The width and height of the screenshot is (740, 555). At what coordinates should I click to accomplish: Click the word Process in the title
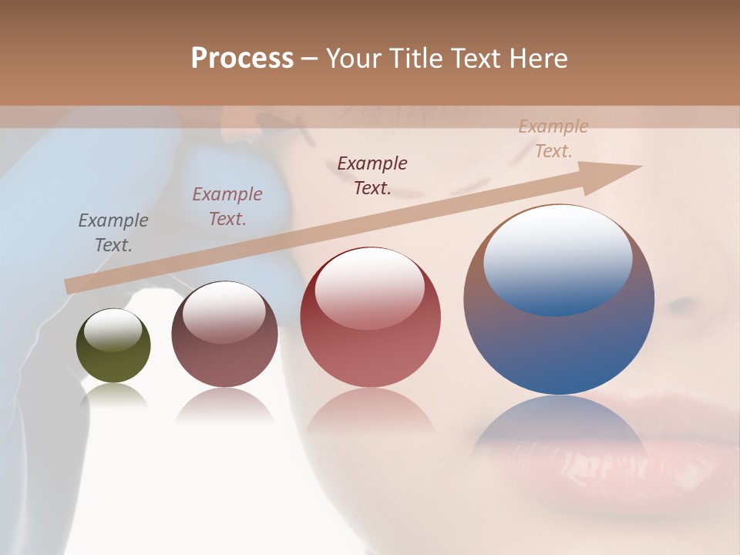242,59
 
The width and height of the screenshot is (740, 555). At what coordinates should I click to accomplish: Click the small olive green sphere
113,355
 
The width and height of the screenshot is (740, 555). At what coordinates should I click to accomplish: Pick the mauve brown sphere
224,347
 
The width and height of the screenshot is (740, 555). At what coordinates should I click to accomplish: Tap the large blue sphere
559,339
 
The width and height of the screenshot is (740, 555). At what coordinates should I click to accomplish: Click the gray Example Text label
113,232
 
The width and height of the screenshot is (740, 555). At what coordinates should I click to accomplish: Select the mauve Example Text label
227,207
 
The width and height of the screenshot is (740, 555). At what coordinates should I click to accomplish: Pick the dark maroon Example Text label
372,175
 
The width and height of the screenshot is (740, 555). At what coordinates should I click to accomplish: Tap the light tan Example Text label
553,139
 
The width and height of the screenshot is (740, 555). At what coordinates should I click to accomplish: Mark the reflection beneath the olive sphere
113,396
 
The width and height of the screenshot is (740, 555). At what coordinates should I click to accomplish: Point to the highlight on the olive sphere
113,330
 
